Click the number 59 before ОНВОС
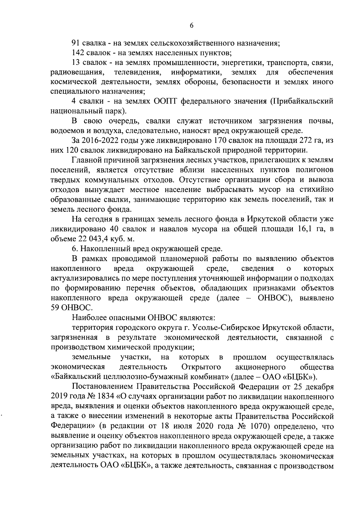tap(56, 307)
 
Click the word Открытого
tap(201, 367)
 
